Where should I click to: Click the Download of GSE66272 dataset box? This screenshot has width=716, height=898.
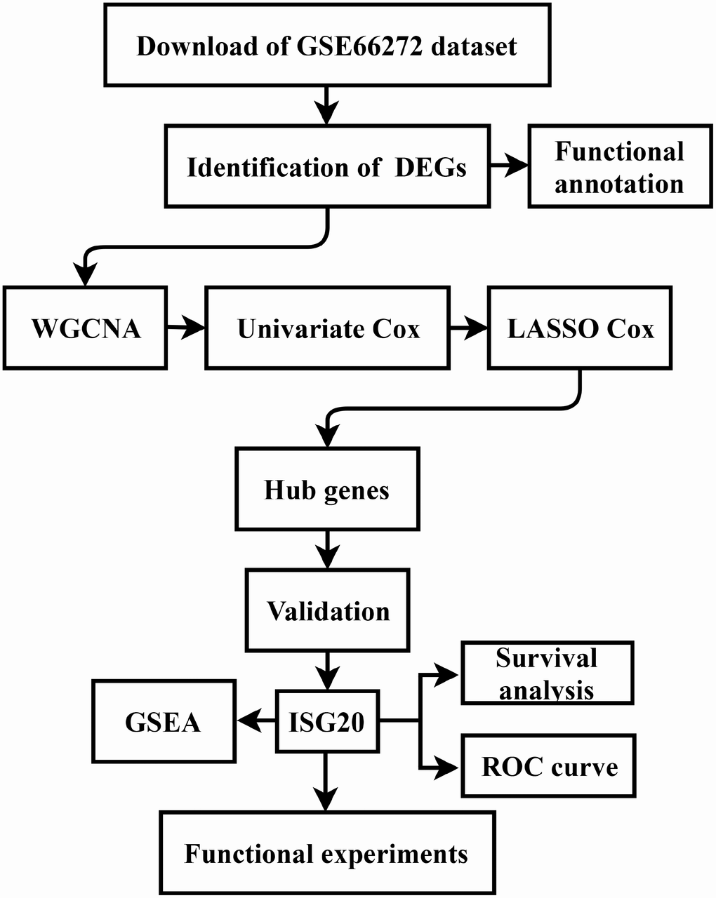pos(326,46)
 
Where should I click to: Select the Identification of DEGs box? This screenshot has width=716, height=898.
pos(326,167)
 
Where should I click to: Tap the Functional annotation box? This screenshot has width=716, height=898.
pos(619,167)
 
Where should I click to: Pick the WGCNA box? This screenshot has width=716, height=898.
pos(85,328)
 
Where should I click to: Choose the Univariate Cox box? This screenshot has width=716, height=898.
pos(327,328)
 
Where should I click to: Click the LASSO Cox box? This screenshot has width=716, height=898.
pos(580,328)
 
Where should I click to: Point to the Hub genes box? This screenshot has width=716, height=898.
pos(327,489)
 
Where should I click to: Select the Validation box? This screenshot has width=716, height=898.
pos(327,610)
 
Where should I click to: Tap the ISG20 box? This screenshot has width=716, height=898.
pos(327,722)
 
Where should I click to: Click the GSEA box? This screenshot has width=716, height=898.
pos(164,722)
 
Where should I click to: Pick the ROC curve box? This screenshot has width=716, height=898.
pos(548,766)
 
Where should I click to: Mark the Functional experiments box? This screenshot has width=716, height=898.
pos(327,853)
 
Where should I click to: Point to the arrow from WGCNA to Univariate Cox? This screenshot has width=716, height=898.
pos(186,328)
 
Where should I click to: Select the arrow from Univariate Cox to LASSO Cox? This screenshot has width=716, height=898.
pos(469,328)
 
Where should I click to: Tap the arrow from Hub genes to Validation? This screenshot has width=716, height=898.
pos(327,549)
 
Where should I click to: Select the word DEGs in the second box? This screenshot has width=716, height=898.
pos(430,168)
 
